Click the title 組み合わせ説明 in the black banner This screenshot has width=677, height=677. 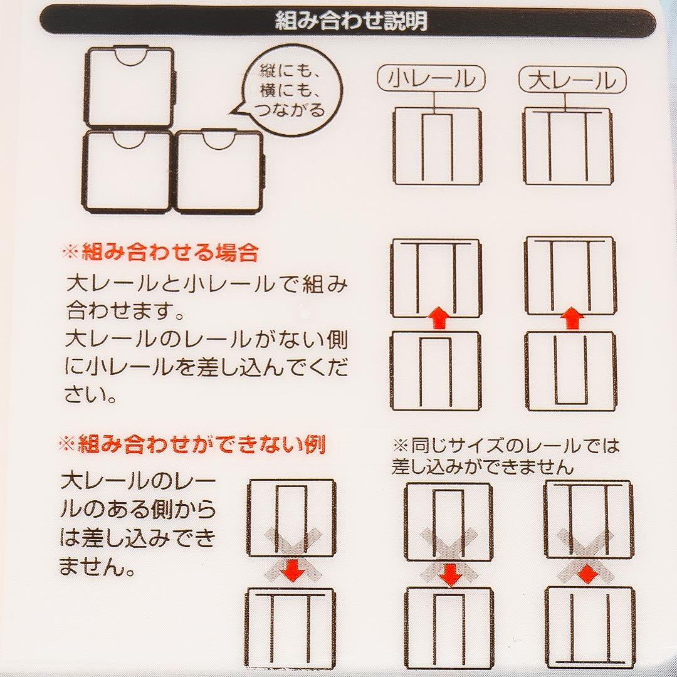pos(351,21)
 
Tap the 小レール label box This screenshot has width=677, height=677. pos(431,79)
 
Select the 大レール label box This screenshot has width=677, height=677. pos(572,80)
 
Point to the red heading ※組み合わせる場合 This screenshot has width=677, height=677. pos(160,253)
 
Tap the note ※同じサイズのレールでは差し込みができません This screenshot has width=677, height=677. pos(505,456)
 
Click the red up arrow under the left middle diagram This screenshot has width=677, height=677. pos(438,318)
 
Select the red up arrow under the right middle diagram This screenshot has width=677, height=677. pos(572,318)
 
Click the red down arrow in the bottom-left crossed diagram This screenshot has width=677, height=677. pos(293,569)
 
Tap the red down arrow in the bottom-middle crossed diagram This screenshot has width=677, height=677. pos(450,575)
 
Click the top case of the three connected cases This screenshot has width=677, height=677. pos(130,87)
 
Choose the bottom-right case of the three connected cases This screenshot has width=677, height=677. pos(220,171)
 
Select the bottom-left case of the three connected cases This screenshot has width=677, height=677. pos(129,172)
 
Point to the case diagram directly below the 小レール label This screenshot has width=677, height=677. pos(437,147)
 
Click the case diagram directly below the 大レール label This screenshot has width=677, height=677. pos(568,147)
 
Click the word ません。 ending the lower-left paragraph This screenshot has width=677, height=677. pos(98,566)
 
